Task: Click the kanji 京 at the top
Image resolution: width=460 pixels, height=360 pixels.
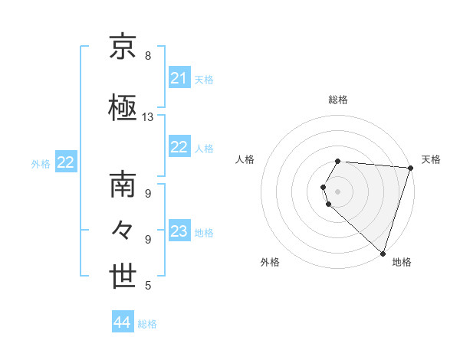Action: click(123, 47)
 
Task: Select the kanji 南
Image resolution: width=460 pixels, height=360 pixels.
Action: click(123, 185)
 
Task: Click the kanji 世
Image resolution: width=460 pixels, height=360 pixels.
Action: click(123, 277)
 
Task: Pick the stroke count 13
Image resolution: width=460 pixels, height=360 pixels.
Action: click(148, 117)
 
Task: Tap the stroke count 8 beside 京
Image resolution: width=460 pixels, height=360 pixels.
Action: click(148, 56)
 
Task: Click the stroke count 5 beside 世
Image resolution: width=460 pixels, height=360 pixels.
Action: click(148, 286)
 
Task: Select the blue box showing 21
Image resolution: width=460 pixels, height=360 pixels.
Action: click(179, 78)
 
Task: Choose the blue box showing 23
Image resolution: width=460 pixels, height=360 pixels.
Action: click(179, 231)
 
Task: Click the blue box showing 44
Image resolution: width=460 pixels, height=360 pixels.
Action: click(122, 323)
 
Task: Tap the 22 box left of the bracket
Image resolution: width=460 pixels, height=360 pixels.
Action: click(65, 162)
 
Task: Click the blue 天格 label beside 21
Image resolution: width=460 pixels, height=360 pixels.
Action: click(204, 79)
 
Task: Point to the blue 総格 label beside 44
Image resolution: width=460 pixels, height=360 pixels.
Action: click(147, 324)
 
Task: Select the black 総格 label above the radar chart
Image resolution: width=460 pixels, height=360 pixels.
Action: click(337, 100)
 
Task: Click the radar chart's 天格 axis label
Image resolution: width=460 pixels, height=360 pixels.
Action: click(431, 159)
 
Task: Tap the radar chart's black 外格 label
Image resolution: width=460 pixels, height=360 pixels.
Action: click(270, 262)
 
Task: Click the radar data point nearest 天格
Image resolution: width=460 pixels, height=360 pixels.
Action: click(411, 168)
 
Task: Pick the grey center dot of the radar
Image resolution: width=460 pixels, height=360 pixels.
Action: click(337, 191)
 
